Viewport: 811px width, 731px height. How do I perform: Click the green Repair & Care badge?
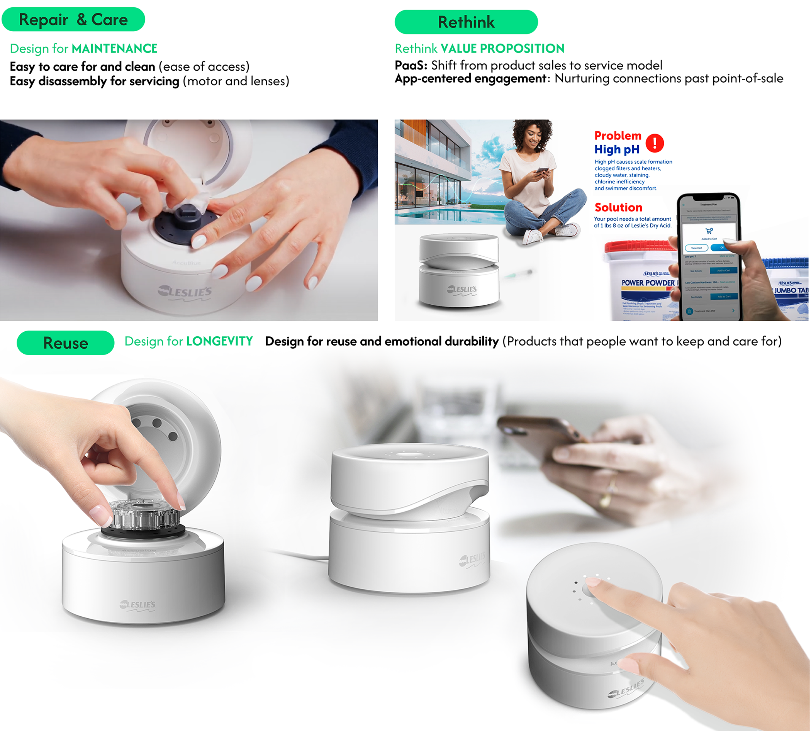tap(73, 19)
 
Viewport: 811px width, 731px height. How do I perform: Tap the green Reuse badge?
tap(66, 343)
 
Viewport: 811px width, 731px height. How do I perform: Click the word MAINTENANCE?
tap(114, 49)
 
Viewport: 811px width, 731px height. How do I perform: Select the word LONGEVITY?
tap(219, 341)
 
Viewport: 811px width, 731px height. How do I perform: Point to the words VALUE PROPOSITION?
tap(502, 49)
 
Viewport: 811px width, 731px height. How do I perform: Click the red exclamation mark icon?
tap(654, 142)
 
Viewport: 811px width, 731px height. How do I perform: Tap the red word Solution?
tap(618, 207)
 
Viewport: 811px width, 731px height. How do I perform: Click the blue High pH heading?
tap(616, 149)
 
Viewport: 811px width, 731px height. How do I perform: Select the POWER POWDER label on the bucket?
tap(647, 283)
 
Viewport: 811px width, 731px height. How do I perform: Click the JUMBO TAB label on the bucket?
tap(790, 290)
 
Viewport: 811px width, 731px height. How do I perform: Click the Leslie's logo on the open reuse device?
tap(137, 604)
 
